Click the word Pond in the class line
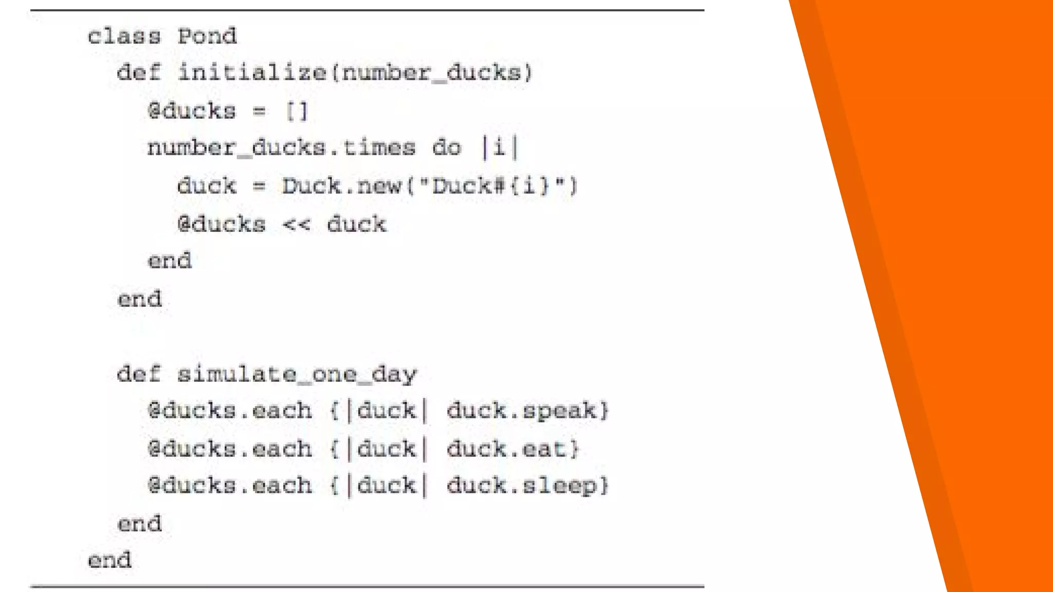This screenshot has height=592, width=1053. (x=207, y=36)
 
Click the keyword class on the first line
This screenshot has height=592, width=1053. (x=124, y=36)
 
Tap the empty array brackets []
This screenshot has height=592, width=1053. (x=297, y=111)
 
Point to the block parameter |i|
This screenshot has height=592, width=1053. (x=499, y=148)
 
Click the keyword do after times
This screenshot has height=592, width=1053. (x=446, y=148)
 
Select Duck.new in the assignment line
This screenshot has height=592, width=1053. (x=341, y=186)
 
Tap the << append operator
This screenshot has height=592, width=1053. (x=296, y=225)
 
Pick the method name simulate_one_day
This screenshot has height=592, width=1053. (x=297, y=374)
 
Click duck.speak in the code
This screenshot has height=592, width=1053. (x=521, y=411)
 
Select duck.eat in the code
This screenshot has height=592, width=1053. (x=506, y=449)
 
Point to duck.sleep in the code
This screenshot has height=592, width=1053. (x=521, y=486)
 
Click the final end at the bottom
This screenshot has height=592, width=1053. (x=110, y=560)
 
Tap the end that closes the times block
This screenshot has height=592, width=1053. (x=170, y=261)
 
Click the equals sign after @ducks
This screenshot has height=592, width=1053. (x=260, y=111)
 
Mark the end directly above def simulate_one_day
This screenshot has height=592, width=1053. (x=139, y=299)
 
